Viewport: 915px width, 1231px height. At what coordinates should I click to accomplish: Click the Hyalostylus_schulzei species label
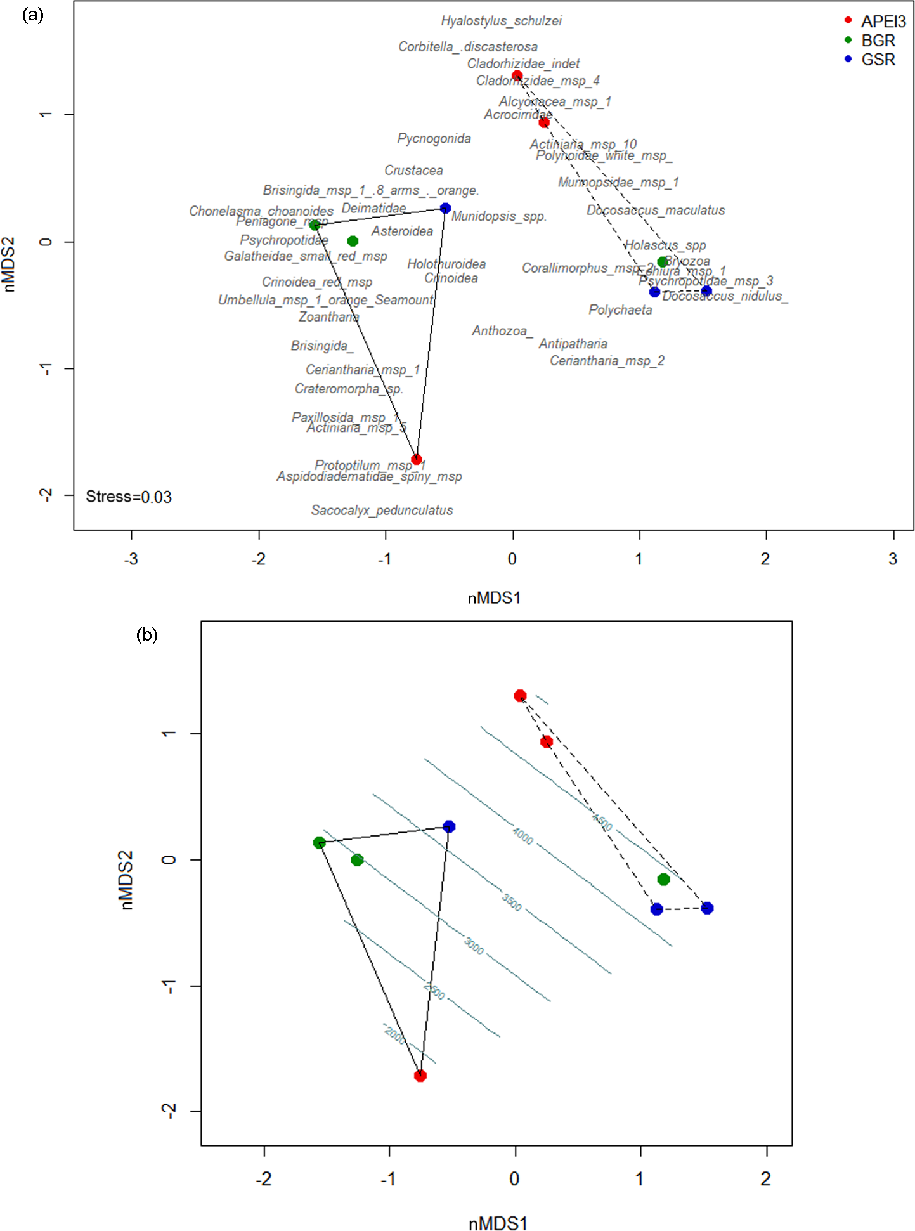click(501, 21)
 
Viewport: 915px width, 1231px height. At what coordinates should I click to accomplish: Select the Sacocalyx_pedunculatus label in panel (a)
click(382, 510)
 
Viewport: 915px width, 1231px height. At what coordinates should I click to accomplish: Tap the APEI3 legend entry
click(883, 22)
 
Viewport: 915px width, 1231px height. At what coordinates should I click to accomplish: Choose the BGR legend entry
click(878, 41)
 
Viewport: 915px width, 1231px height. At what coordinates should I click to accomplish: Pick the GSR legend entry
click(878, 60)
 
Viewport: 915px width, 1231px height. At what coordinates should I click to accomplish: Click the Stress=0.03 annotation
click(129, 497)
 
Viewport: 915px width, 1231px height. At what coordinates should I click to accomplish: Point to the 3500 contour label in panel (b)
click(512, 902)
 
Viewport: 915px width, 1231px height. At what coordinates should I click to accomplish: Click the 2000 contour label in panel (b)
click(394, 1034)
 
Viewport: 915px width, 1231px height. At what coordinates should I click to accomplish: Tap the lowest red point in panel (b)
click(420, 1076)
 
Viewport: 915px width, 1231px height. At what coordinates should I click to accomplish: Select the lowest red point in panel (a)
click(417, 459)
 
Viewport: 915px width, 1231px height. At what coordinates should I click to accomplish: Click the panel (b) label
click(147, 635)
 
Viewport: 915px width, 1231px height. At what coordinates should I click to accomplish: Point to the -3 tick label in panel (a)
click(131, 559)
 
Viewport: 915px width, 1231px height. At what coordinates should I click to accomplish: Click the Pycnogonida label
click(434, 138)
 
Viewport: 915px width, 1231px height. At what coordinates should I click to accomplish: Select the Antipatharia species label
click(573, 344)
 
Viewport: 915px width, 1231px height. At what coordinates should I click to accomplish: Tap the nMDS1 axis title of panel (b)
click(498, 1223)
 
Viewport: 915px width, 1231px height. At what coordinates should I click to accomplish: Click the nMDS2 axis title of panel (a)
click(10, 264)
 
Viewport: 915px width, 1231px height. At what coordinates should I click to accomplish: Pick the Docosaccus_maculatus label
click(655, 210)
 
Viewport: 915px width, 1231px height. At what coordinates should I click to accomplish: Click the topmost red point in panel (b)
click(520, 696)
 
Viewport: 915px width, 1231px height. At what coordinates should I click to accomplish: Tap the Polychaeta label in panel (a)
click(620, 309)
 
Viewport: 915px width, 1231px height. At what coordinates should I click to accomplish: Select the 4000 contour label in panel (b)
click(522, 836)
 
